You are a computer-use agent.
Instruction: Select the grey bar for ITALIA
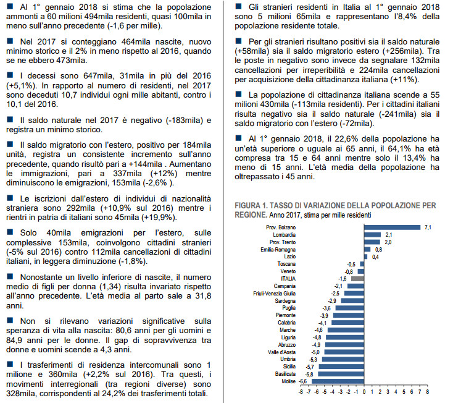pos(358,278)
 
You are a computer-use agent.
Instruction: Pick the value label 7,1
pos(426,227)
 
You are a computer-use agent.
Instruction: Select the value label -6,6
pos(304,381)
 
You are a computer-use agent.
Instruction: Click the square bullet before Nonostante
pos(7,278)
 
